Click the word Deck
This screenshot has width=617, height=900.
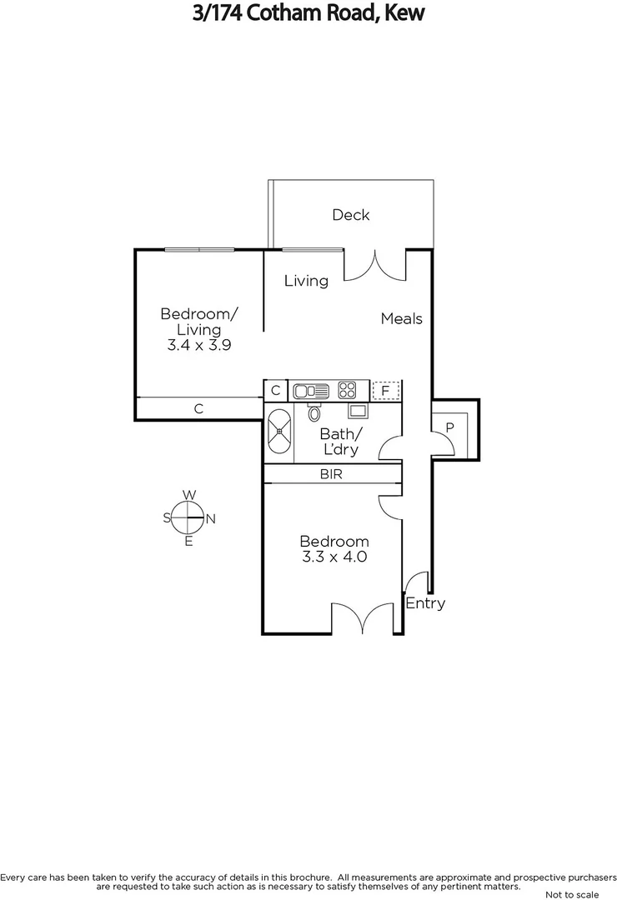tap(350, 215)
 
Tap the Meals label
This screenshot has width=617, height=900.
tap(402, 318)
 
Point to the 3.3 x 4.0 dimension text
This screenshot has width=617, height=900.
tap(334, 557)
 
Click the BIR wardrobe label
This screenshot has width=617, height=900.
tap(331, 474)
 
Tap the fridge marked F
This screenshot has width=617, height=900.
tap(385, 389)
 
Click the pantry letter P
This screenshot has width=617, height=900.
tap(449, 427)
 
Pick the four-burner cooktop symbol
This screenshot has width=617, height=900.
tap(348, 389)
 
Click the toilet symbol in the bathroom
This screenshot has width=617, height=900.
tap(314, 412)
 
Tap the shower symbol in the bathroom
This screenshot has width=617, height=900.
tap(279, 432)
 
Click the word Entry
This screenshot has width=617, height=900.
tap(425, 603)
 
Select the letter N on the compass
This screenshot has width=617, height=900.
tap(211, 518)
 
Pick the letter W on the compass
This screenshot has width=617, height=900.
tap(189, 495)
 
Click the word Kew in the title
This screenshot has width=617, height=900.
tap(403, 13)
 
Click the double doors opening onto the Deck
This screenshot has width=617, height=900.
tap(375, 264)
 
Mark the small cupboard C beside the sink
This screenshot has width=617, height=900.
tap(275, 389)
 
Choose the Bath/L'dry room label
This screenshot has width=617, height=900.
tap(341, 442)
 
